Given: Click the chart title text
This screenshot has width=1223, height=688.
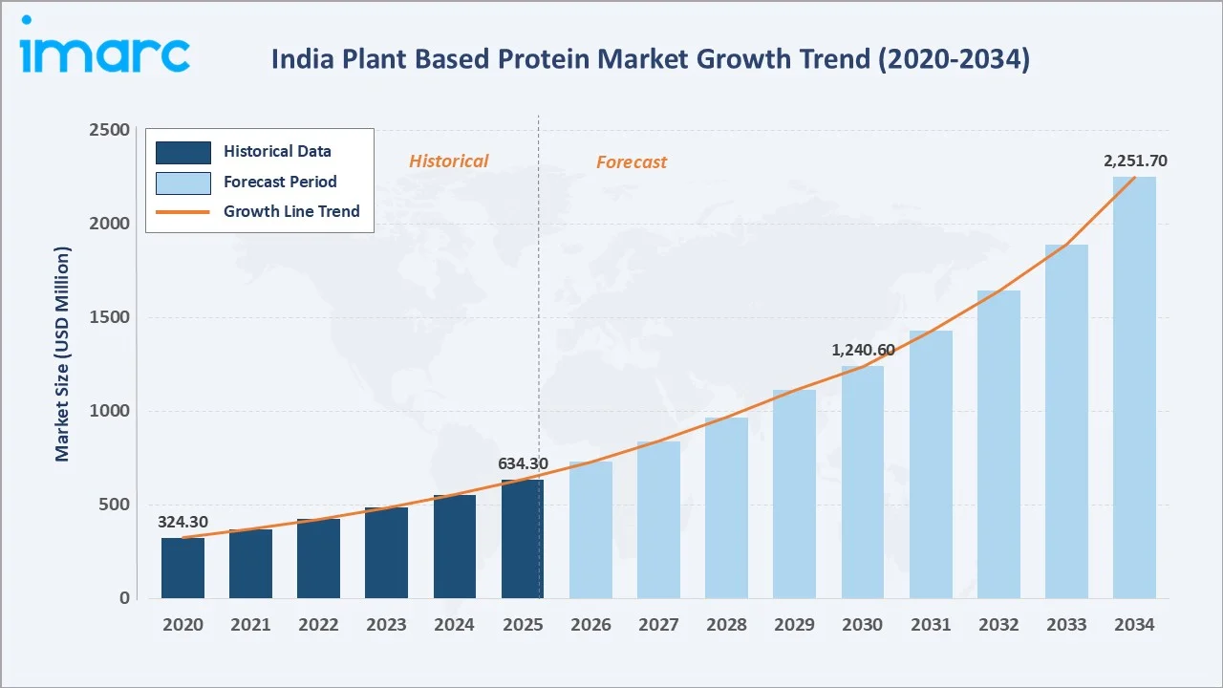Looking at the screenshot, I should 650,59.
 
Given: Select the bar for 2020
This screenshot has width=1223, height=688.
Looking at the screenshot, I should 182,568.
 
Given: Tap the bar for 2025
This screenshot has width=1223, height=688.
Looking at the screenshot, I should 522,539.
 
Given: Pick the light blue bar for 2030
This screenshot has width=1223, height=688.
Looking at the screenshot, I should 862,483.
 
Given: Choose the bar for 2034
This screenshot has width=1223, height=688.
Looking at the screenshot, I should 1134,387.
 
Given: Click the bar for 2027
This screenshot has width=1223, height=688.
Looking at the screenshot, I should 658,520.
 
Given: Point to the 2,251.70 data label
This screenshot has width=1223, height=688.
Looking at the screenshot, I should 1135,161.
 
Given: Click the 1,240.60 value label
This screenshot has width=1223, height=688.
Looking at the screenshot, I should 863,351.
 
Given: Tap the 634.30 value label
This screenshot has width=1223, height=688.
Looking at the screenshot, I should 523,463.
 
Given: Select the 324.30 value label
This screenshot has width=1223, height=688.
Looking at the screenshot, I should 182,522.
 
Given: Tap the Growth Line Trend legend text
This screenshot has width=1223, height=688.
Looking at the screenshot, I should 291,211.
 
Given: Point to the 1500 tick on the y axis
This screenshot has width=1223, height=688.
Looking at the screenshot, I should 110,317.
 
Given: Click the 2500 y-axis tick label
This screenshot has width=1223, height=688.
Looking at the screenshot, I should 110,130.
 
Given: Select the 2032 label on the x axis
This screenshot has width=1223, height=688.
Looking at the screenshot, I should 998,624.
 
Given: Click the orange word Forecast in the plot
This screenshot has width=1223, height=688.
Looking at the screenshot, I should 632,162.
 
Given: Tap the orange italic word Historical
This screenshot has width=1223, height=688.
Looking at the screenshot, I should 448,161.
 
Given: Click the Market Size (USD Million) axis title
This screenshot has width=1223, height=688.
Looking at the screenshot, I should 63,354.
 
